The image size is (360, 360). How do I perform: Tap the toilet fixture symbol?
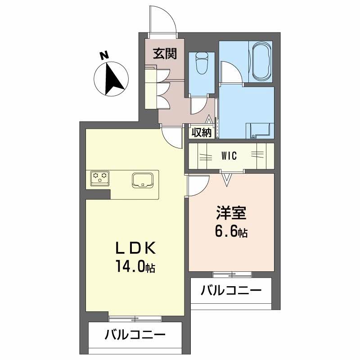coord(202,63)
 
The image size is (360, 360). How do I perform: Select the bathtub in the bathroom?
coord(261,62)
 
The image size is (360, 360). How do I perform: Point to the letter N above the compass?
coord(104,55)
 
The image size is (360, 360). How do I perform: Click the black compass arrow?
coord(114,79)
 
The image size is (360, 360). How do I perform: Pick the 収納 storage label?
coord(201,132)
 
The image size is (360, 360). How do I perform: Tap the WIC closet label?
coord(229,156)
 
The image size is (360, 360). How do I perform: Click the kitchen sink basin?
coord(143,181)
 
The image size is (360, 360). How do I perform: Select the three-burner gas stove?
coord(100,178)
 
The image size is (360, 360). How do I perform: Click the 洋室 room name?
coord(231,213)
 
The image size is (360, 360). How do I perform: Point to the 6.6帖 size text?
coord(231,232)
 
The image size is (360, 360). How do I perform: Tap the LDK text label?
coord(136,248)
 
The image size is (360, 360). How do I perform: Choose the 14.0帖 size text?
coord(135,266)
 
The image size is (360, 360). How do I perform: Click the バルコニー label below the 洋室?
coord(231,291)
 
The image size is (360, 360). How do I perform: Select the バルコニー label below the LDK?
coord(135,335)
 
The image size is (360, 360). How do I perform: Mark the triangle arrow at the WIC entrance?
coord(227,180)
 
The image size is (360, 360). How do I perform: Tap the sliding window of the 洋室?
coord(232,274)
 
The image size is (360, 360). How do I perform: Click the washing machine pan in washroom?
coord(260,130)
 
